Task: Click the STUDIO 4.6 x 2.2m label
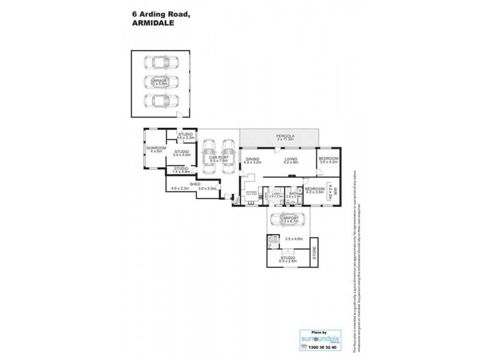pyautogui.click(x=184, y=137)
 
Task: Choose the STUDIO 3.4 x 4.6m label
pyautogui.click(x=182, y=154)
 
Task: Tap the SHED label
pyautogui.click(x=195, y=185)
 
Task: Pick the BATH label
pyautogui.click(x=293, y=194)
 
